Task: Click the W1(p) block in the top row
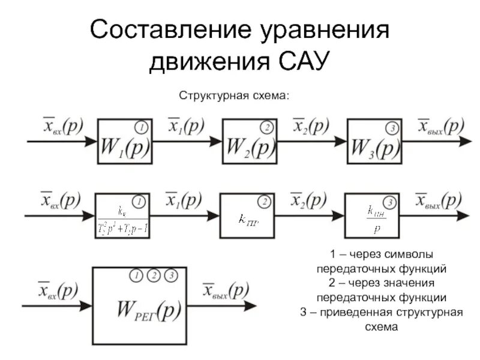click(125, 141)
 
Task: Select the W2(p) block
click(250, 141)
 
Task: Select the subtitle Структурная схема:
click(235, 97)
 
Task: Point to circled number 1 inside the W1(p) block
click(141, 128)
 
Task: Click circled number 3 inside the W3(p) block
click(391, 128)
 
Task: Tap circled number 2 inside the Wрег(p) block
click(153, 276)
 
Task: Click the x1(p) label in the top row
click(186, 127)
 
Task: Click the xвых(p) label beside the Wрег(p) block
click(225, 291)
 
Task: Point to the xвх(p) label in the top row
click(62, 127)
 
